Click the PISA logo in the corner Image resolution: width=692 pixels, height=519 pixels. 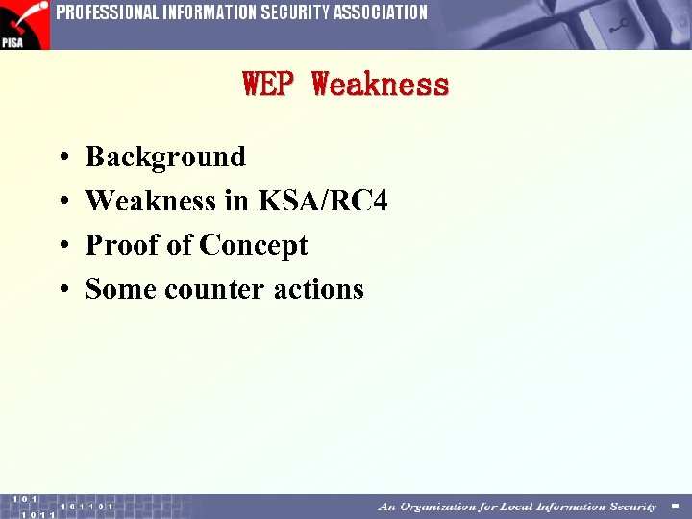click(x=24, y=24)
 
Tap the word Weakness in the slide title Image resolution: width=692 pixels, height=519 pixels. click(x=381, y=85)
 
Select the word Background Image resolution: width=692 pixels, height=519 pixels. click(x=165, y=157)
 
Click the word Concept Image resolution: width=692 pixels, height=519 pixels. click(x=253, y=245)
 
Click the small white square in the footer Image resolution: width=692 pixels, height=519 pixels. click(x=675, y=507)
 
